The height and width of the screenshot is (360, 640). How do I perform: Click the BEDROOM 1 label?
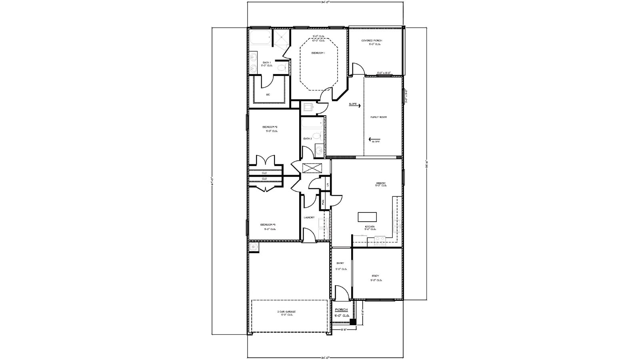tap(318, 53)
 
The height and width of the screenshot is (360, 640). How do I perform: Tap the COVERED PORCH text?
tap(372, 40)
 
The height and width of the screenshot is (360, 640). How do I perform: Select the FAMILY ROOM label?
tap(378, 117)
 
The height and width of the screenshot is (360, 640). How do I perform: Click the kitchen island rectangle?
tap(367, 217)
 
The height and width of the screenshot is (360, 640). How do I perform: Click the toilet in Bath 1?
tap(282, 67)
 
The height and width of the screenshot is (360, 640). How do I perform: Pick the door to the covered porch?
tap(358, 69)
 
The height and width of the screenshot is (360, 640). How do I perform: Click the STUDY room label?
tap(375, 276)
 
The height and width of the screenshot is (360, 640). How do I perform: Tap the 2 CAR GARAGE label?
tap(286, 312)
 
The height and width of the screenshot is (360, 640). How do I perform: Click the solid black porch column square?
tap(353, 322)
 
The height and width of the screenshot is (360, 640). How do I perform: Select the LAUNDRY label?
tap(309, 218)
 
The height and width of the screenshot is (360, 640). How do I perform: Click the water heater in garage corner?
tap(253, 247)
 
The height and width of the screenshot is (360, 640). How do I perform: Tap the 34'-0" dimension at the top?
tap(325, 2)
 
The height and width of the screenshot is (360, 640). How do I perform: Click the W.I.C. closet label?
tap(268, 94)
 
